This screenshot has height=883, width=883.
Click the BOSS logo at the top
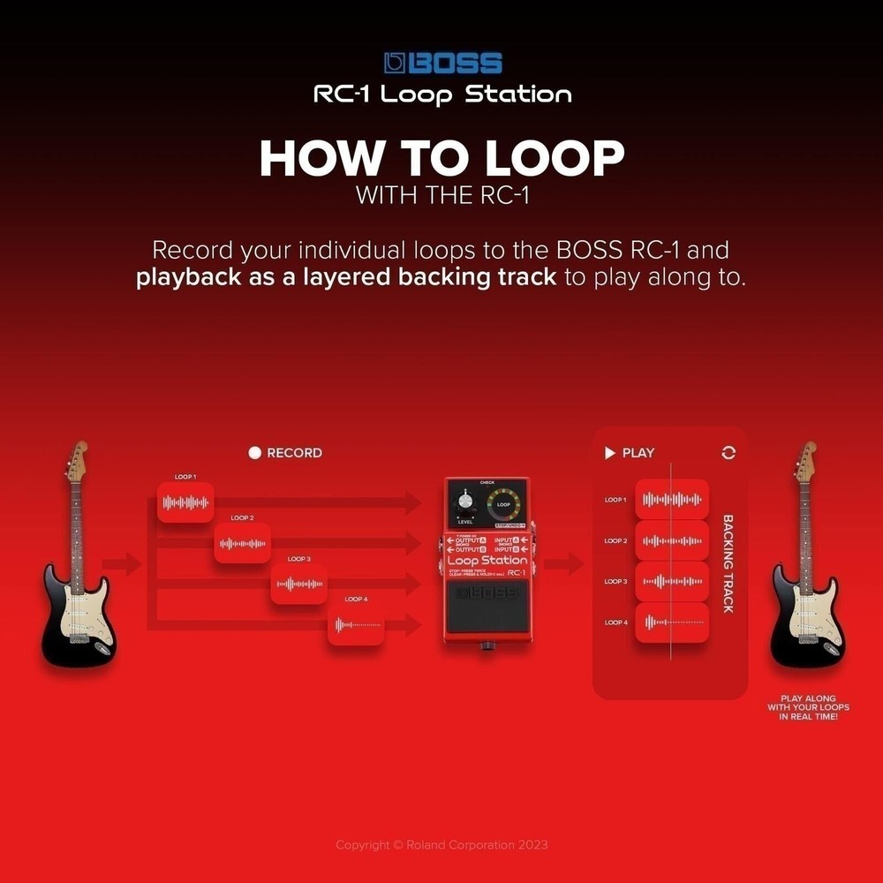443,63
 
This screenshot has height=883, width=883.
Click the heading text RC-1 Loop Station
442,94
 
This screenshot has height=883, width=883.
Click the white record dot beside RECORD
255,453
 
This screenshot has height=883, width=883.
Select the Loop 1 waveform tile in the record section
185,502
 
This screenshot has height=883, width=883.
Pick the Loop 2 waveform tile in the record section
242,543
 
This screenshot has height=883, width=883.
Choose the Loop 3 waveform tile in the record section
298,584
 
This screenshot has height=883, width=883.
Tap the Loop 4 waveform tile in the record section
356,624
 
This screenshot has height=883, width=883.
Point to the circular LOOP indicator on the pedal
503,505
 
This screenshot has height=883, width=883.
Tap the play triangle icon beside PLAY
609,453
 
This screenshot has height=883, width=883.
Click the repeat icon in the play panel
728,453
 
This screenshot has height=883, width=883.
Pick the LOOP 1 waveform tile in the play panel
672,500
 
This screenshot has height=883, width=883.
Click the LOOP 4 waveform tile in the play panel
672,623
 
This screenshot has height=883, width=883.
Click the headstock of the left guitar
79,459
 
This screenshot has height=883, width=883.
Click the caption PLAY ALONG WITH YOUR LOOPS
808,707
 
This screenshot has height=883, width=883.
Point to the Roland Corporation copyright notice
441,845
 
